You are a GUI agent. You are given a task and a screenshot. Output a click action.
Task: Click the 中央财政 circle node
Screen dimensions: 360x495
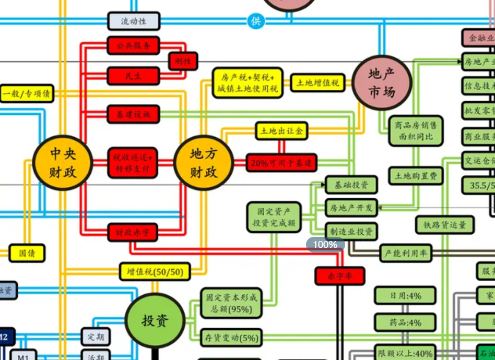point(63,162)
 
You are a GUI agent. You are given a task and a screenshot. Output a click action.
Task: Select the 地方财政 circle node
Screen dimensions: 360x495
point(203,162)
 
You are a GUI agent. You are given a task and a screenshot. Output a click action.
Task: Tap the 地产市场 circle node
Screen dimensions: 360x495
point(382,83)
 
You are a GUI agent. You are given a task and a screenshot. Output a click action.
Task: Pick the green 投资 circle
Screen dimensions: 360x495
point(155,320)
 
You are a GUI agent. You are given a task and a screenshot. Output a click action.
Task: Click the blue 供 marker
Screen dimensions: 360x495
point(256,21)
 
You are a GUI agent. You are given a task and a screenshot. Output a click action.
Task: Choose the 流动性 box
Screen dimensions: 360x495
point(134,21)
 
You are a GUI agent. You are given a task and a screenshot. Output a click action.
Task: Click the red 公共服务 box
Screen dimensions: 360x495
point(133,45)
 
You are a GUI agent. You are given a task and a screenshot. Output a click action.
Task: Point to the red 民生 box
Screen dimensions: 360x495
point(133,76)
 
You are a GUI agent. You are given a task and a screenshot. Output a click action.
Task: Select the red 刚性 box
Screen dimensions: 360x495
point(183,61)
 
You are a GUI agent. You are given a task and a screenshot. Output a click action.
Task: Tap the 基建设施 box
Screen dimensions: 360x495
point(133,114)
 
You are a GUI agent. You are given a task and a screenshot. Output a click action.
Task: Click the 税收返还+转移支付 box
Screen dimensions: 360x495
point(133,162)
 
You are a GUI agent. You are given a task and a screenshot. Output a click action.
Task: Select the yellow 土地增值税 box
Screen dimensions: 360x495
point(317,82)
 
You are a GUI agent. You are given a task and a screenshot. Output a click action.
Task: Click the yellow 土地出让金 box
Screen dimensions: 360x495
point(281,131)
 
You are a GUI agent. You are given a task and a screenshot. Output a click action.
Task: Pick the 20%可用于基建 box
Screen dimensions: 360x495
point(281,163)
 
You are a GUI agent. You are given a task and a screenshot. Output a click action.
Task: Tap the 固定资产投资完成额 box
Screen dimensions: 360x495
point(274,218)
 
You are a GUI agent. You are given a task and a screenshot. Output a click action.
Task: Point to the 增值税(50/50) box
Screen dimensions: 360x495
point(155,271)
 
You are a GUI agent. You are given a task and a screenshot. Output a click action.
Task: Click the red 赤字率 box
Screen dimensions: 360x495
point(340,276)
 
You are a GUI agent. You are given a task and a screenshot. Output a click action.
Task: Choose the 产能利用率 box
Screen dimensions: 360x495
point(405,254)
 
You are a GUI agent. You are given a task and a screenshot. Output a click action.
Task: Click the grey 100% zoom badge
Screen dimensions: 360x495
point(325,244)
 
